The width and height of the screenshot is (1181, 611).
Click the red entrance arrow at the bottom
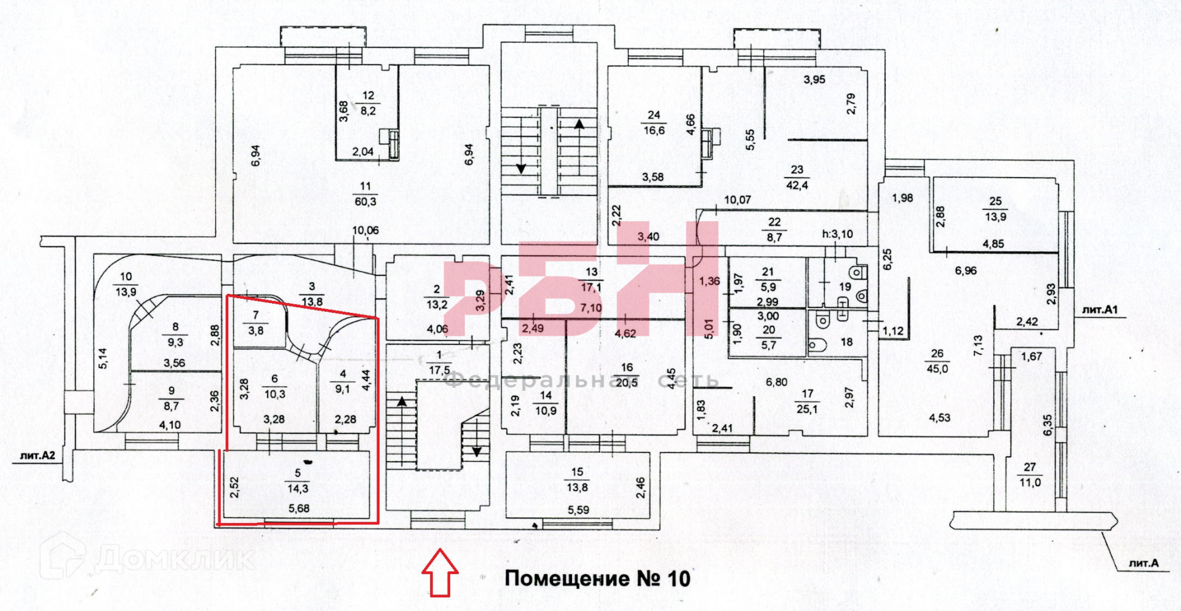pos(440,573)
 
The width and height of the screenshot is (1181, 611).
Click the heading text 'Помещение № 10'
pos(597,578)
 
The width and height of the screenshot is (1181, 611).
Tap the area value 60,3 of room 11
pos(365,202)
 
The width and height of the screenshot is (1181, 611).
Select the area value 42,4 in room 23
pos(797,185)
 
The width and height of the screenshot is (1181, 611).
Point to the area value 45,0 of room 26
pos(937,369)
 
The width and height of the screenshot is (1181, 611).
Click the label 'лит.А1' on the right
pos(1100,310)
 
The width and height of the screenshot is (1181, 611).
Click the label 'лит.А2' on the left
pos(38,455)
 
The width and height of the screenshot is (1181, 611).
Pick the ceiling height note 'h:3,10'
pos(838,234)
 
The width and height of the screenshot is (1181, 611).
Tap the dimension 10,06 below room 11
pos(365,231)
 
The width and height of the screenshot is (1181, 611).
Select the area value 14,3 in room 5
pos(298,489)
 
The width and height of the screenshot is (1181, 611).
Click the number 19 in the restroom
pos(845,286)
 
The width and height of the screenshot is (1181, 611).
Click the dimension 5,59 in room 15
pos(578,510)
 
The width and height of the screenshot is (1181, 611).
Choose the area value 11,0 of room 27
pos(1030,483)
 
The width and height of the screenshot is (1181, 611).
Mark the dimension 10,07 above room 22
pos(738,200)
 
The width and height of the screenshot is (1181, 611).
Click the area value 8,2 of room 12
pos(368,111)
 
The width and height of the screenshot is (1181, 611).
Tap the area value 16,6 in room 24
pos(654,130)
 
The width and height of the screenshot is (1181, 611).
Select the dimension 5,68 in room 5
pos(299,508)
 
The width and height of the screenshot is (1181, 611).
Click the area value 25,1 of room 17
pos(807,409)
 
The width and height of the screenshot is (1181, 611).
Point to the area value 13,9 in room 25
pos(995,217)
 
